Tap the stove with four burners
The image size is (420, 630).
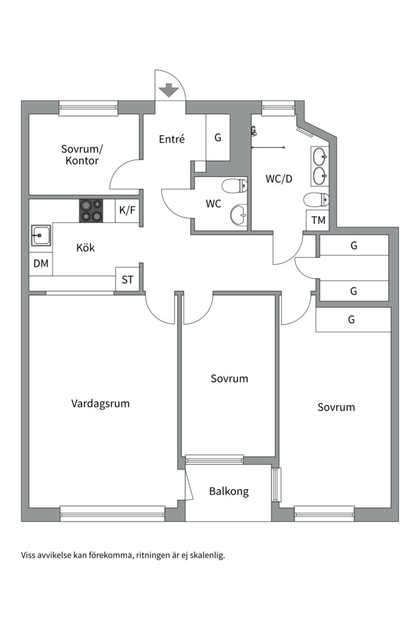91,211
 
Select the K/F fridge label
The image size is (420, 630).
127,210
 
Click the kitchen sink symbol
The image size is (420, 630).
41,236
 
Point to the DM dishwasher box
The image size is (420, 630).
41,264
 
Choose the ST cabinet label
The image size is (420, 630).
127,279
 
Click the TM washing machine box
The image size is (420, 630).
318,220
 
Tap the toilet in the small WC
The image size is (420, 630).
235,186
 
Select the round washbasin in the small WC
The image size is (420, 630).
240,215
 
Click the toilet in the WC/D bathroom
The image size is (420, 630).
317,199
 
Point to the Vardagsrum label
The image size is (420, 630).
100,404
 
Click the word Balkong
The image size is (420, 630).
229,491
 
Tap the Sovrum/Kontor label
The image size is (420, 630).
82,155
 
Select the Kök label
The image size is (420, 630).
86,247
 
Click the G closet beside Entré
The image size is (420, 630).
218,138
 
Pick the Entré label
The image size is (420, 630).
171,139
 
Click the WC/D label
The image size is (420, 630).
279,179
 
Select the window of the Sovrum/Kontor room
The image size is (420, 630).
89,108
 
